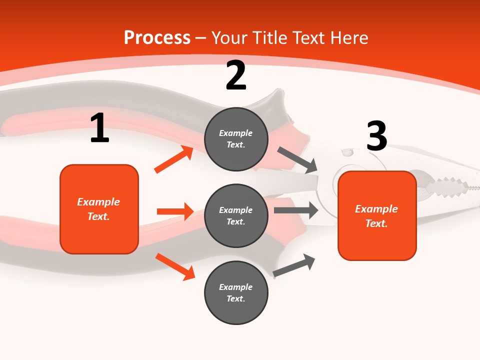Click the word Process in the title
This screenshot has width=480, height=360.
click(x=157, y=37)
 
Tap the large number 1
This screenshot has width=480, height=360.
click(x=99, y=128)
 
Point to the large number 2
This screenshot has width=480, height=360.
click(x=236, y=75)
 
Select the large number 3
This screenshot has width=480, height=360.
click(x=376, y=136)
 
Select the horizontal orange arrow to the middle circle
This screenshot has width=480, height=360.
click(x=175, y=211)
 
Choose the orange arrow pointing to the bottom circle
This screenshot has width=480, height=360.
click(x=175, y=266)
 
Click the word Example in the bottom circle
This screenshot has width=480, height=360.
click(x=235, y=287)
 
